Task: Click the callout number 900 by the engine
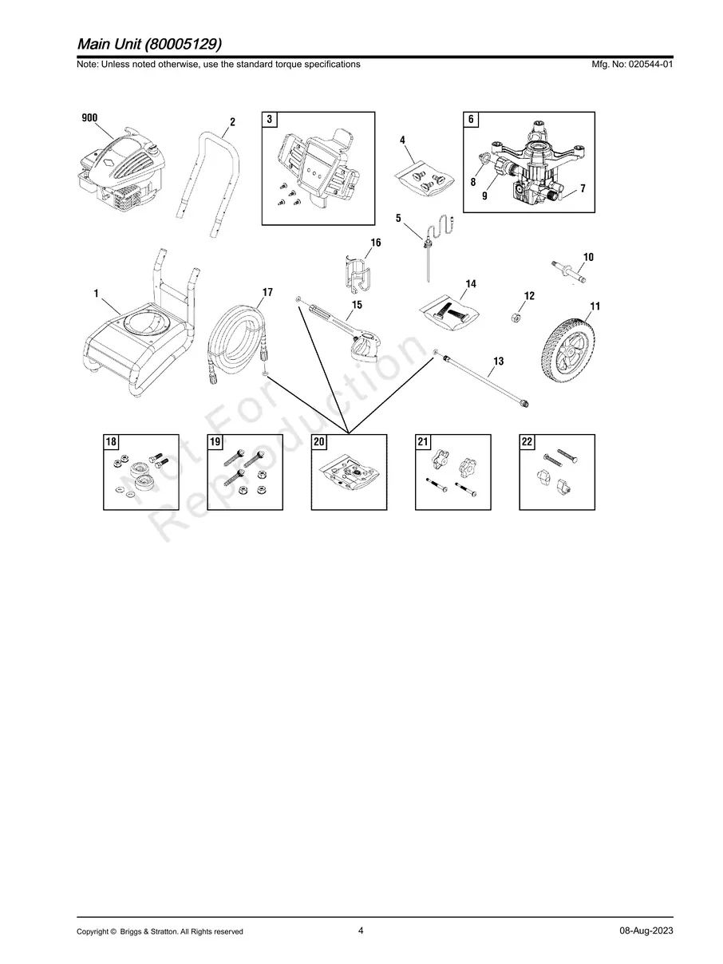89,118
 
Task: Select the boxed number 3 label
270,120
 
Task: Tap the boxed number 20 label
319,442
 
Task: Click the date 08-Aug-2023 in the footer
646,931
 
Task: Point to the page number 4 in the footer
361,930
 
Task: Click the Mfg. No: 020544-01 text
630,64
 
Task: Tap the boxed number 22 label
527,442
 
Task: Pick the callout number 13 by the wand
499,361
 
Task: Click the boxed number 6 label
471,120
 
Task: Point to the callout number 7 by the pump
583,188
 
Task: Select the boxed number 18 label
111,442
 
